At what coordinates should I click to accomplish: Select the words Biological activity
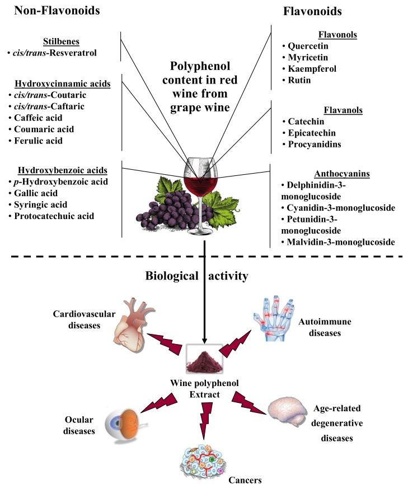(x=197, y=276)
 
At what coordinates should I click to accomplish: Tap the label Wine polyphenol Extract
(x=205, y=388)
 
